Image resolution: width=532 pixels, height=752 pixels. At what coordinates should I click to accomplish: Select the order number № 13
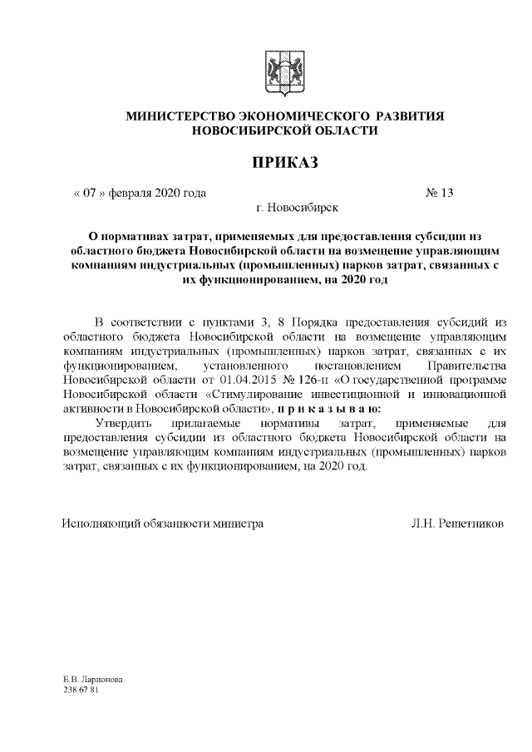tap(440, 193)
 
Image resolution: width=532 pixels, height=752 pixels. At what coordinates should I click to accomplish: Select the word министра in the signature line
tap(239, 523)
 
